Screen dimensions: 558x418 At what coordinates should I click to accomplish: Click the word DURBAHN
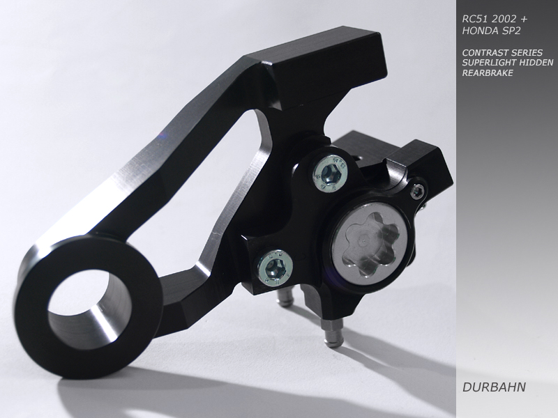click(x=494, y=387)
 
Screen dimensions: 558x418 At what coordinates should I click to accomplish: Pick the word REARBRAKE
click(x=488, y=73)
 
